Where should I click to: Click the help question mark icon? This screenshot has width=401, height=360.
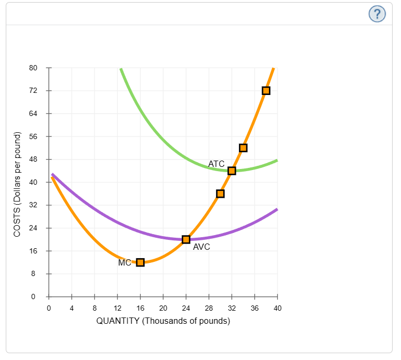coord(377,14)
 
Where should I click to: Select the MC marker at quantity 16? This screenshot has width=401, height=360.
coord(140,262)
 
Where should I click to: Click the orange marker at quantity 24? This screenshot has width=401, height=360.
coord(186,239)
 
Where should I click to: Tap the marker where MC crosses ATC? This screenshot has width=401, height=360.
coord(232,171)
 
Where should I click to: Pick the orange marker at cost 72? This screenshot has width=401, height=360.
coord(266,91)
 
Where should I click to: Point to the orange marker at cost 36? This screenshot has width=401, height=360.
coord(220,194)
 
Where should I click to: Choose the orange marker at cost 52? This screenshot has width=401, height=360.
coord(243,148)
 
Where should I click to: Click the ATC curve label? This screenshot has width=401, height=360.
coord(216,164)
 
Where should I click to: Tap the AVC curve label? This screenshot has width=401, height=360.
coord(201,247)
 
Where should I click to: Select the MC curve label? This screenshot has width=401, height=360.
coord(125,263)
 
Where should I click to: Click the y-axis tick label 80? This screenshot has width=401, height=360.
coord(33,68)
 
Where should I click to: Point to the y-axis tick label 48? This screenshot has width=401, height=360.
coord(33,160)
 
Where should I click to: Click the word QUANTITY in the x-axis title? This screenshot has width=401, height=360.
coord(118,321)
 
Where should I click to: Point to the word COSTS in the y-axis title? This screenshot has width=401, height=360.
coord(17,220)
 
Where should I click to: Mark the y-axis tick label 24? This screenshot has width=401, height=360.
coord(33,228)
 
